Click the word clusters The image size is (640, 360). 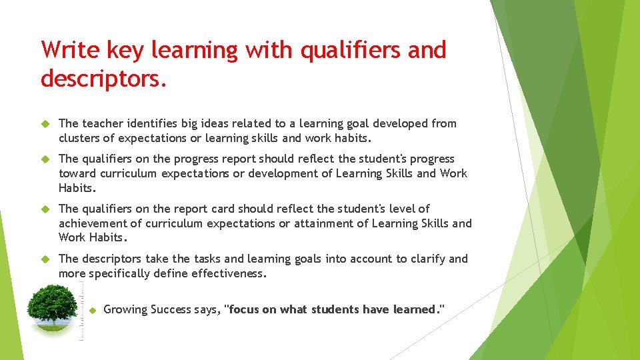coord(79,139)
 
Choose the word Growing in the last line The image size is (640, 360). coord(125,309)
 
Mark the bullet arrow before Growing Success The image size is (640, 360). coord(93,310)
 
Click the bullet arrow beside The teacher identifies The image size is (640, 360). coord(46,124)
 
